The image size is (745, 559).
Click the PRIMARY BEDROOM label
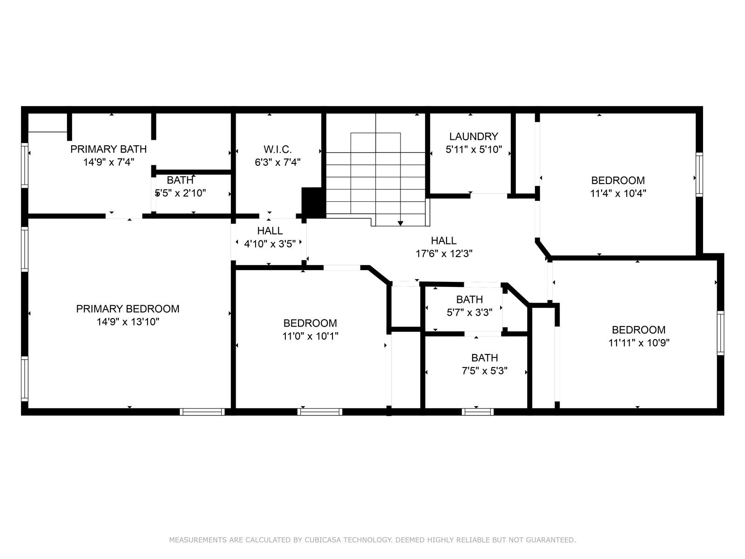[x=128, y=309]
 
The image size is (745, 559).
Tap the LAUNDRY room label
[x=474, y=136]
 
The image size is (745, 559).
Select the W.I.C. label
[x=278, y=150]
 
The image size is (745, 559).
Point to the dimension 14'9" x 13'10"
[x=128, y=322]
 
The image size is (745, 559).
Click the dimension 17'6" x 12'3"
[x=444, y=253]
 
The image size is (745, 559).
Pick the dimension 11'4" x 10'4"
[x=618, y=193]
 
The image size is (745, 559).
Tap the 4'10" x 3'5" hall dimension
[x=270, y=244]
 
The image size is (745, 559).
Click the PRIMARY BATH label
[x=108, y=149]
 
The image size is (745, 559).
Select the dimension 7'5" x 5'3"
[x=485, y=371]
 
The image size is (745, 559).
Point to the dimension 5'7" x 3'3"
[x=469, y=312]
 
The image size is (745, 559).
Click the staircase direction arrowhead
[x=400, y=223]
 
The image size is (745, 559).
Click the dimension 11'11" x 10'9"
[x=639, y=343]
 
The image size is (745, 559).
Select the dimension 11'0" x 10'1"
[x=310, y=336]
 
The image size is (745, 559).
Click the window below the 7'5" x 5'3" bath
[x=478, y=412]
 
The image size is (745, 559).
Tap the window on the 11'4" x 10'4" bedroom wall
[x=699, y=174]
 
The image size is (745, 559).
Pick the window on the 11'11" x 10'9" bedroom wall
[x=720, y=333]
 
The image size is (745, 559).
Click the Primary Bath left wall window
[x=24, y=165]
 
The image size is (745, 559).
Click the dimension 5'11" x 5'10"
[x=474, y=150]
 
